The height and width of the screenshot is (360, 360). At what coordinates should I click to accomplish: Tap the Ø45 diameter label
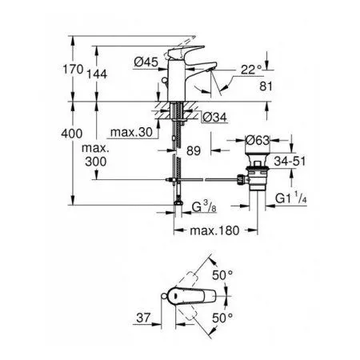(x=145, y=62)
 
